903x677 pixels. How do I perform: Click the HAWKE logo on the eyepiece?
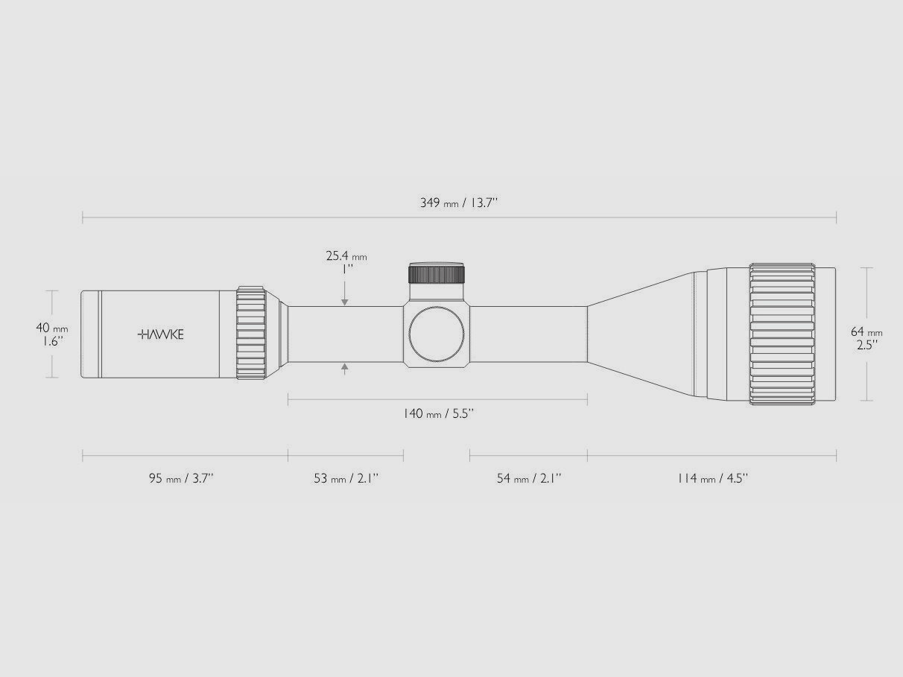(161, 334)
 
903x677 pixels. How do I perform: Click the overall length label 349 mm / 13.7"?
(458, 203)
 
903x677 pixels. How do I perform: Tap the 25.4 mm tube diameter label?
(346, 256)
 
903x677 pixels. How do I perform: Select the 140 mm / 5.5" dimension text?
(438, 413)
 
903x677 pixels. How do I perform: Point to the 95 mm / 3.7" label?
(181, 478)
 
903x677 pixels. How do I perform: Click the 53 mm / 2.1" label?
(346, 478)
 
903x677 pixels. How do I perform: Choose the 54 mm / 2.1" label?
(529, 478)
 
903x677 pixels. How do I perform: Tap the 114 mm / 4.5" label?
(712, 478)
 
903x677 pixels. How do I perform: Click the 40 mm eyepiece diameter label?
(52, 328)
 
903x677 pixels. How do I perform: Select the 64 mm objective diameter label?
(866, 331)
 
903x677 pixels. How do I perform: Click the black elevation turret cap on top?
(437, 273)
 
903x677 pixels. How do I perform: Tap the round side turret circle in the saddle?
(437, 334)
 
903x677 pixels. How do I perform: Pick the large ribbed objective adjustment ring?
(782, 334)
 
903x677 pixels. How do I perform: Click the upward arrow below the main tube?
(344, 367)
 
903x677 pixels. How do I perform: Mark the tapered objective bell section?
(641, 334)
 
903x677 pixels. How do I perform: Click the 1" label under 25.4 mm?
(346, 270)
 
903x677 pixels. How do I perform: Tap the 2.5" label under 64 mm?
(866, 344)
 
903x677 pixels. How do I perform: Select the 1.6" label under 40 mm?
(52, 341)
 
